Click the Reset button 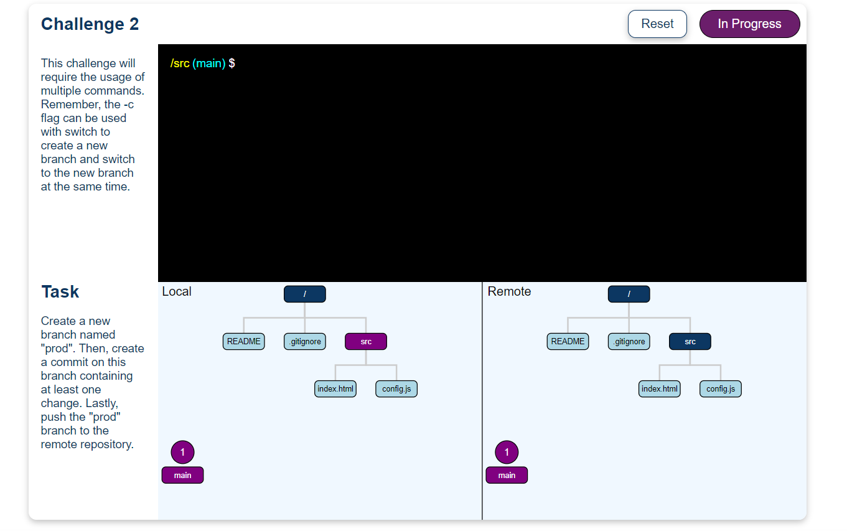[657, 24]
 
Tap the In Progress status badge [749, 24]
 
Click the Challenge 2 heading [90, 24]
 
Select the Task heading [60, 292]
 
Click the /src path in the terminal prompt [180, 63]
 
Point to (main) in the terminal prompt [209, 63]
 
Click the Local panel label [177, 291]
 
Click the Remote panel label [509, 291]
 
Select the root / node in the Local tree [305, 294]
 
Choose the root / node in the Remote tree [629, 294]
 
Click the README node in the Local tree [244, 341]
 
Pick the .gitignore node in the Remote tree [629, 341]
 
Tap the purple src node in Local [366, 341]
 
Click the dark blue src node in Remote [690, 341]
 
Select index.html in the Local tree [335, 389]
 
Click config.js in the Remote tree [721, 389]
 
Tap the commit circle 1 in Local [182, 452]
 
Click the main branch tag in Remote [507, 475]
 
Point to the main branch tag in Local [182, 475]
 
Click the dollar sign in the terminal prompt [232, 63]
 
